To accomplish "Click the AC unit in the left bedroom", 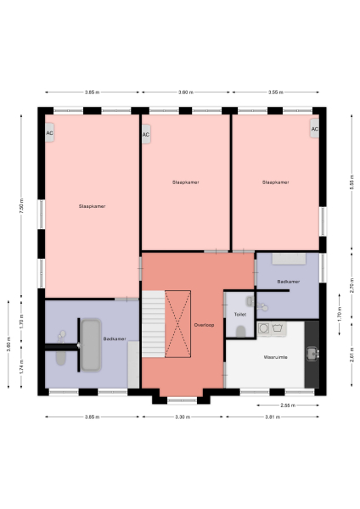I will [50, 133].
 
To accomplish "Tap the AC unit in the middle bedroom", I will [146, 134].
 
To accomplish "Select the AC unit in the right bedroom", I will [314, 130].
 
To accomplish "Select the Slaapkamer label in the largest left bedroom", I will [92, 205].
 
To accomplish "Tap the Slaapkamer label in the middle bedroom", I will [185, 182].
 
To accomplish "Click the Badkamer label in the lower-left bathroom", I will [115, 338].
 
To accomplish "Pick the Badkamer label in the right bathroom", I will [289, 281].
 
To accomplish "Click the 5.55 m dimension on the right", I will [349, 180].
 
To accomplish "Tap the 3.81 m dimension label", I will [272, 417].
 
